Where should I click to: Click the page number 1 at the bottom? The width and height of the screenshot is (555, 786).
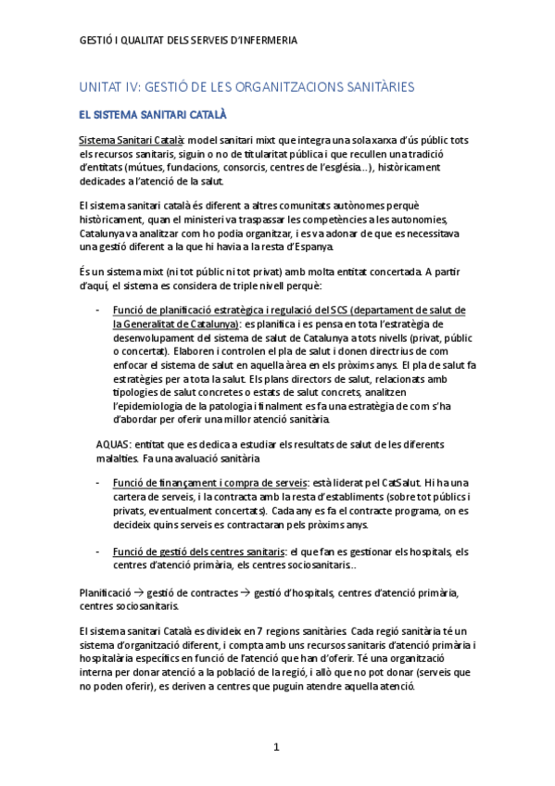tap(276, 746)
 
